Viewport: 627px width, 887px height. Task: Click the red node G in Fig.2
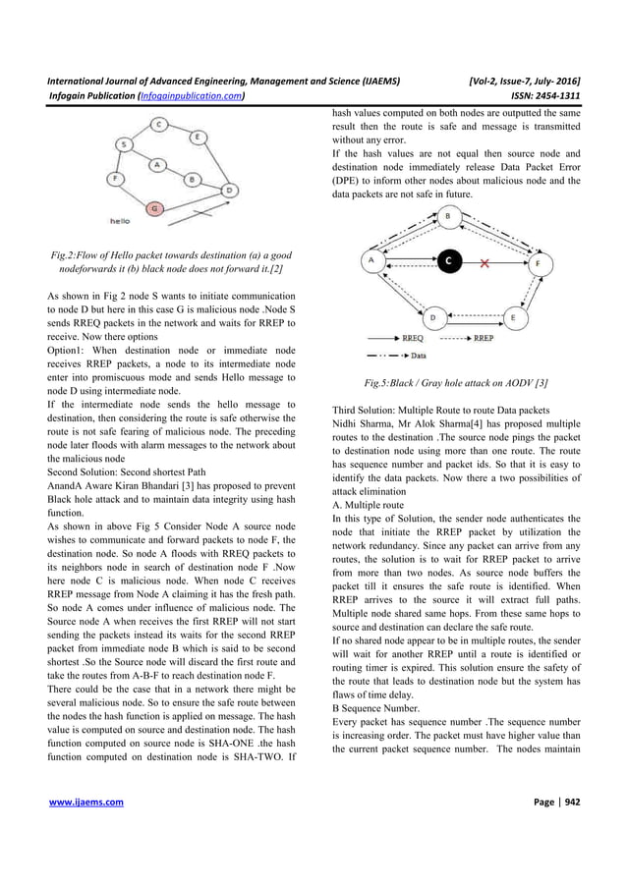point(153,208)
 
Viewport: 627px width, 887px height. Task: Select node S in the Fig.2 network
point(123,144)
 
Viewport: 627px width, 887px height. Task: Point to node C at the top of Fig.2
point(159,124)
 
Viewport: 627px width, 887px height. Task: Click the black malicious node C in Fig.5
point(446,262)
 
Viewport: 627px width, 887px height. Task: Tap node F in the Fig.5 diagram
point(537,262)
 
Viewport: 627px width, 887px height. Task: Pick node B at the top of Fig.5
point(448,215)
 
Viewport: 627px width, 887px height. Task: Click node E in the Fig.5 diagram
point(512,317)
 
